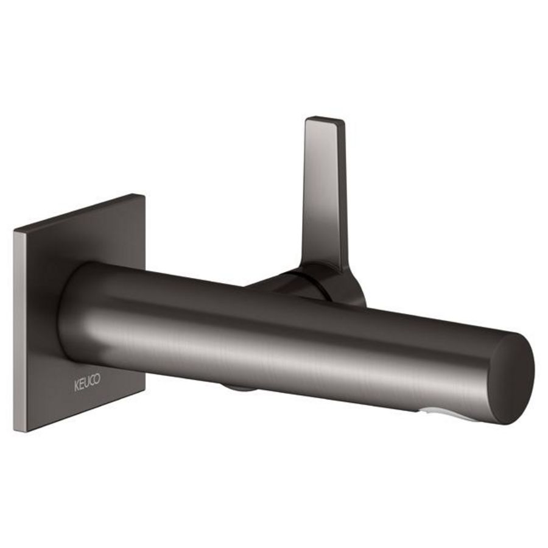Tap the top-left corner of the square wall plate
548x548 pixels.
[x=15, y=231]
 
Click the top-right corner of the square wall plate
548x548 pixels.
[x=144, y=195]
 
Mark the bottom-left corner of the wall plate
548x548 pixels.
[x=16, y=431]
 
